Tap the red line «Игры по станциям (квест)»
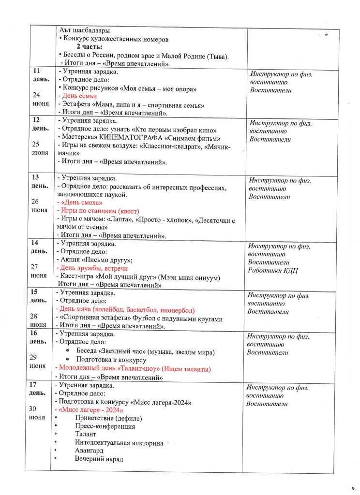pos(99,211)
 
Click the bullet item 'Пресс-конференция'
pos(105,426)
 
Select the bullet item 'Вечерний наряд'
pos(99,458)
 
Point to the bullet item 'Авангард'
pos(89,450)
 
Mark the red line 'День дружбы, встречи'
pos(93,268)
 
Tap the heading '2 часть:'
pos(93,46)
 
